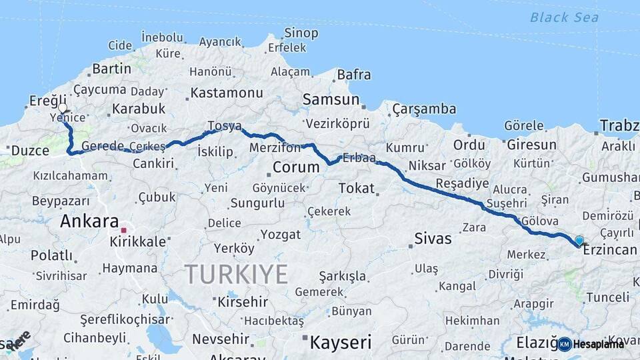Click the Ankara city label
coord(89,221)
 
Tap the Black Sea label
coord(565,17)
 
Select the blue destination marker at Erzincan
coord(579,241)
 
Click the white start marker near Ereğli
coord(63,108)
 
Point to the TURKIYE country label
coord(236,274)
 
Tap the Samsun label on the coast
coord(331,100)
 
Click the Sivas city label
coord(433,238)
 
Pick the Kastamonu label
coord(227,93)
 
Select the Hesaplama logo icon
coord(565,344)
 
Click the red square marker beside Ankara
coord(123,230)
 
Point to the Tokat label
coord(357,188)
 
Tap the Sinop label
coord(301,33)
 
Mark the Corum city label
coord(296,166)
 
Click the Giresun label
coord(531,144)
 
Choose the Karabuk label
coord(139,108)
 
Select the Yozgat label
coord(281,234)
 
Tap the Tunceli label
coord(607,297)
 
